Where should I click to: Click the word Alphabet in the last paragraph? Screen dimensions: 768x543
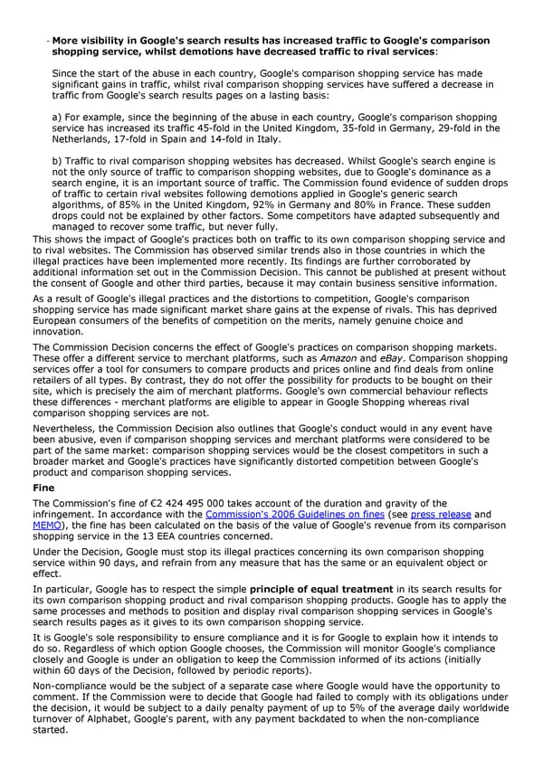click(114, 717)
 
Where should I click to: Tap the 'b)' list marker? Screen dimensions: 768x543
click(58, 159)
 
